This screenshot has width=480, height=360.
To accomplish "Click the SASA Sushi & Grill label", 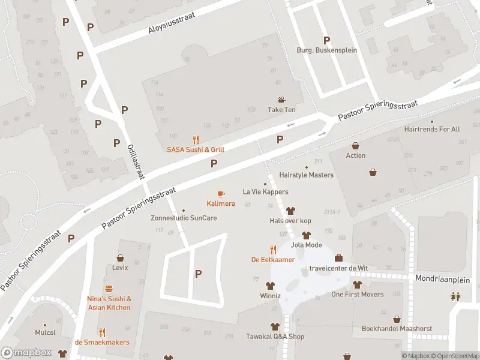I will (x=196, y=149).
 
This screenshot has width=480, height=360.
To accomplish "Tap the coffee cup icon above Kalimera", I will (x=221, y=194).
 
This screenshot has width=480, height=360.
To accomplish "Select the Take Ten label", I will (x=281, y=110).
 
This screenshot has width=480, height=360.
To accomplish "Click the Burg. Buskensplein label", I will (x=326, y=50).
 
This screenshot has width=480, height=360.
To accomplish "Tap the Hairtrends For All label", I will (x=432, y=129).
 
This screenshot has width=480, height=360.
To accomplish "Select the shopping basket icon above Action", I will (x=356, y=146).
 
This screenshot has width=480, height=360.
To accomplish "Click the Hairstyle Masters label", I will (x=306, y=175).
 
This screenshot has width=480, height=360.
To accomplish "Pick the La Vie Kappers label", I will (x=265, y=192).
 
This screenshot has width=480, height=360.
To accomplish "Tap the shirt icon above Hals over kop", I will (x=291, y=211).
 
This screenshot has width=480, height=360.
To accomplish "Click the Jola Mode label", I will (x=306, y=245).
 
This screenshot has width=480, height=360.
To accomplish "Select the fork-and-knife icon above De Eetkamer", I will (x=273, y=250).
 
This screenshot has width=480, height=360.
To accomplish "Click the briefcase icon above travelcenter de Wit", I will (x=338, y=258).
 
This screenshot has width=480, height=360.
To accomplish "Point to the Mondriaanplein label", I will (x=443, y=279).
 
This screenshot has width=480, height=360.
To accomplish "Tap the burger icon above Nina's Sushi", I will (x=109, y=289).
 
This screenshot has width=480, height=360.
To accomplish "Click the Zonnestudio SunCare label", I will (x=184, y=218).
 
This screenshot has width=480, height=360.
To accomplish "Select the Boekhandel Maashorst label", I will (x=397, y=329).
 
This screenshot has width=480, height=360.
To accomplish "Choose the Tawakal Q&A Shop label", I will (x=275, y=337).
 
